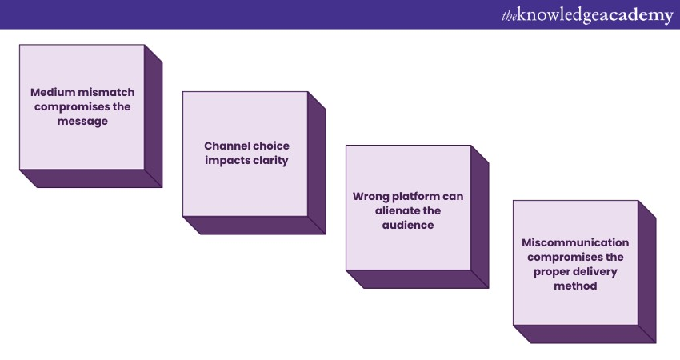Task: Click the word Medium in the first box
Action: pyautogui.click(x=50, y=92)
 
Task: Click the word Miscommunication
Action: pyautogui.click(x=575, y=242)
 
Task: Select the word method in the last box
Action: pyautogui.click(x=575, y=286)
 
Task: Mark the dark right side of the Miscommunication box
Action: pyautogui.click(x=647, y=272)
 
